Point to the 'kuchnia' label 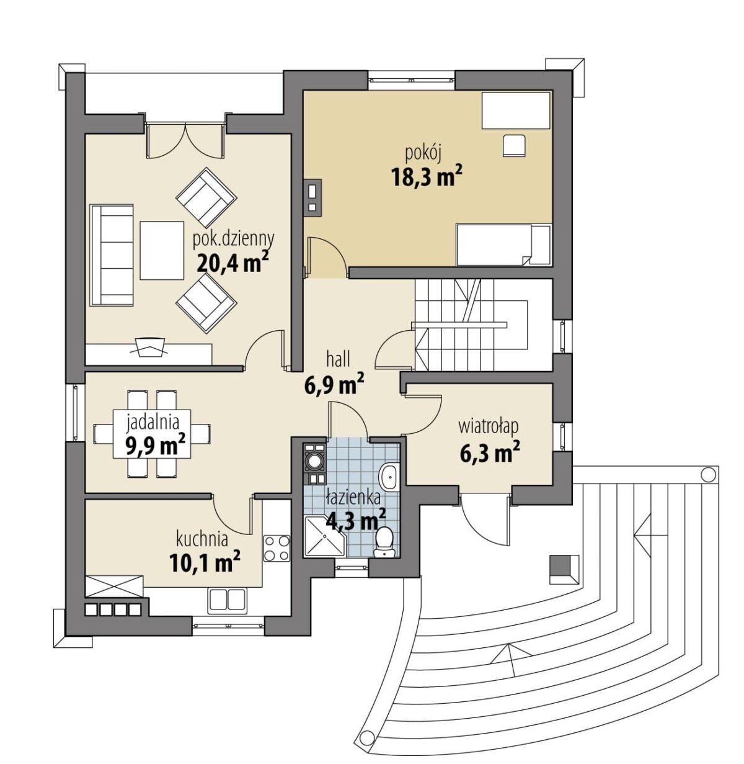(x=202, y=539)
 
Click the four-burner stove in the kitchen (x=277, y=548)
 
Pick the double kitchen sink (x=227, y=601)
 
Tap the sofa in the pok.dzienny (x=112, y=255)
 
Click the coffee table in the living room (x=162, y=251)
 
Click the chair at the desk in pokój (x=514, y=145)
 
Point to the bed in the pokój (x=504, y=244)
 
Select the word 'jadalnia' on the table (x=153, y=422)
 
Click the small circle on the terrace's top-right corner (x=708, y=474)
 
